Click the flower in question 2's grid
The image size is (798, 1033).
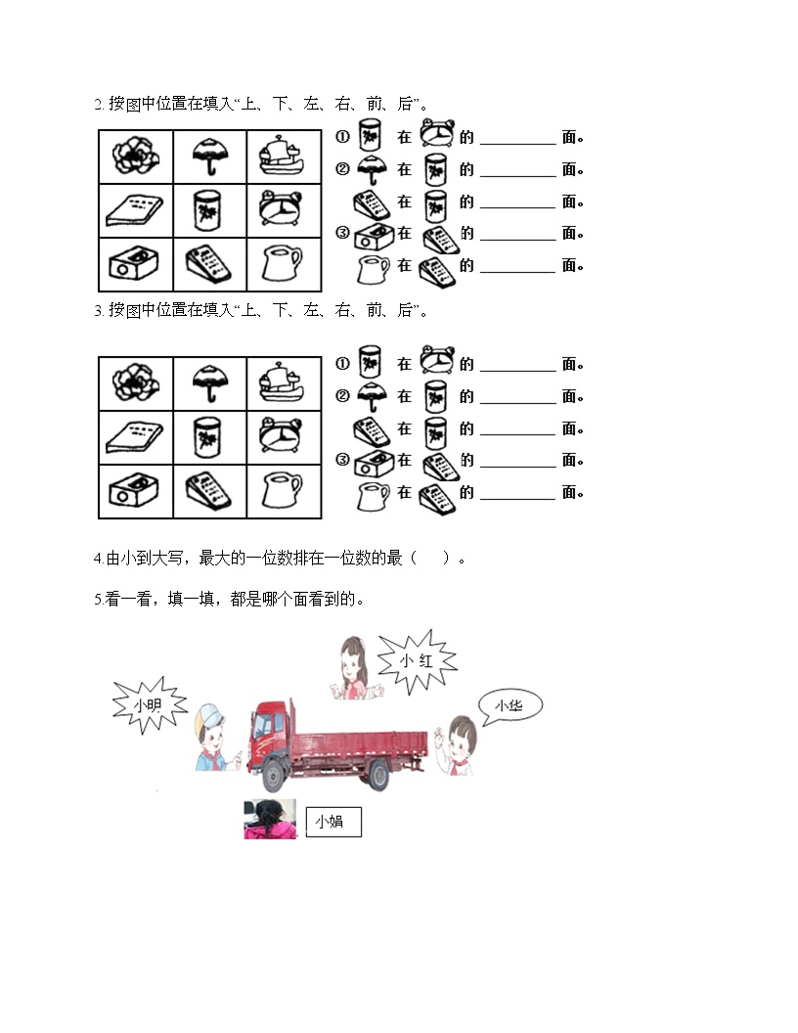136,157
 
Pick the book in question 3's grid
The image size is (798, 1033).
134,437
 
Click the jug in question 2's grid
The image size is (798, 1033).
281,263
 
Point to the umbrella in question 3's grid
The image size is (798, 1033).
210,382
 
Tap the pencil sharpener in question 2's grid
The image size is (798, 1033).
133,263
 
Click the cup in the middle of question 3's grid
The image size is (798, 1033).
208,437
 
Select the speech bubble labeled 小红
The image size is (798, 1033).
417,660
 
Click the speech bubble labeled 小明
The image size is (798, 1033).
150,705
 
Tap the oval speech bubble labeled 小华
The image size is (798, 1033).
510,706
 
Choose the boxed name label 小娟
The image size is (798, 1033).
333,822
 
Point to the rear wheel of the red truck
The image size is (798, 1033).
378,774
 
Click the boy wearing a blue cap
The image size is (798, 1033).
211,738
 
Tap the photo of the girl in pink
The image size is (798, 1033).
270,819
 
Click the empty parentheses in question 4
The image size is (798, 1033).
429,559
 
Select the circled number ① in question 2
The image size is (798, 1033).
342,137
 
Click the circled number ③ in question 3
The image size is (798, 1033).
342,459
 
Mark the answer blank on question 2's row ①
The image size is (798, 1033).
518,143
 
